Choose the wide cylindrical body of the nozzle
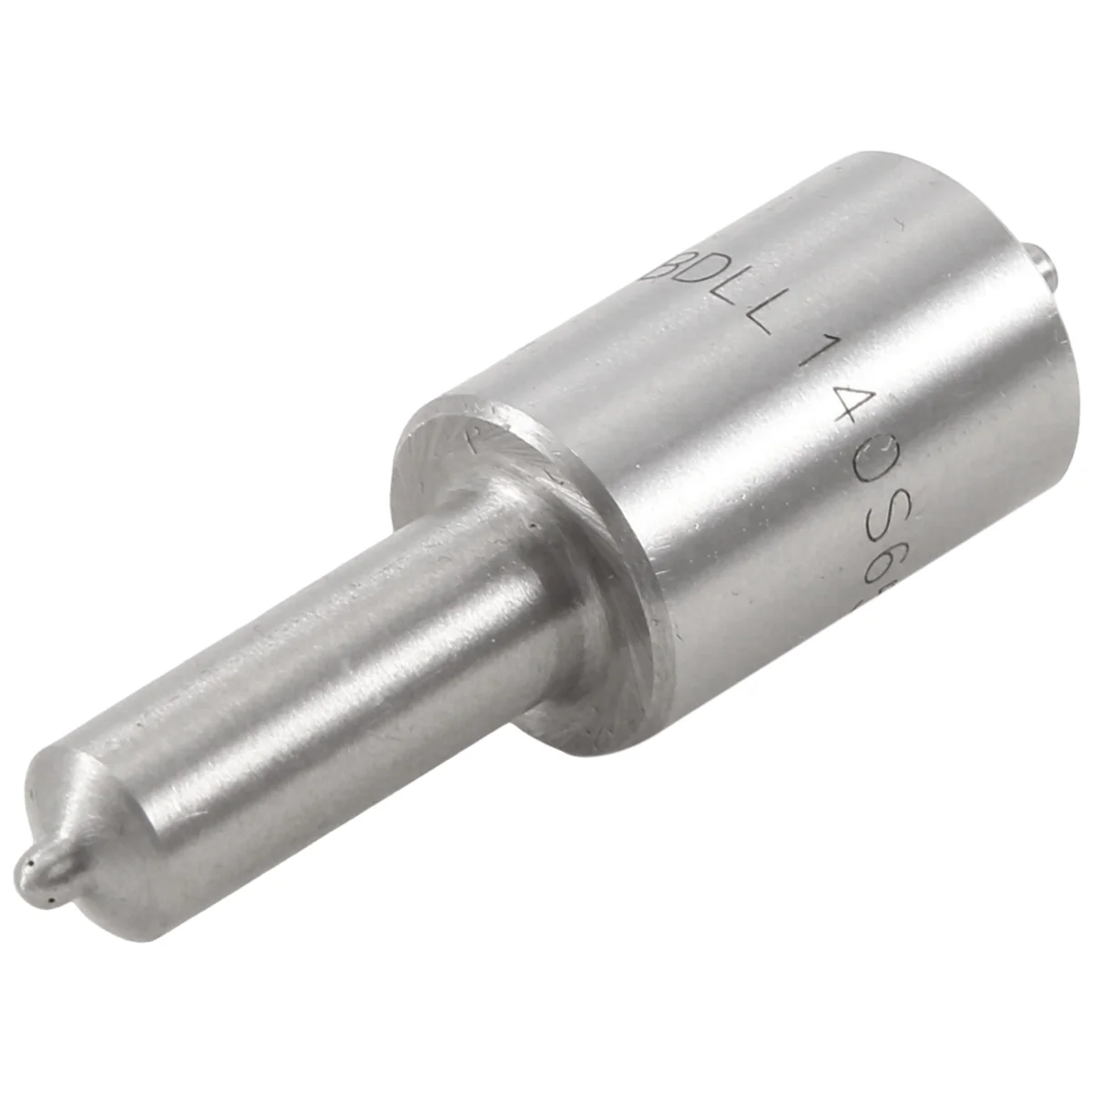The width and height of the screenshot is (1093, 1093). point(774,455)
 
